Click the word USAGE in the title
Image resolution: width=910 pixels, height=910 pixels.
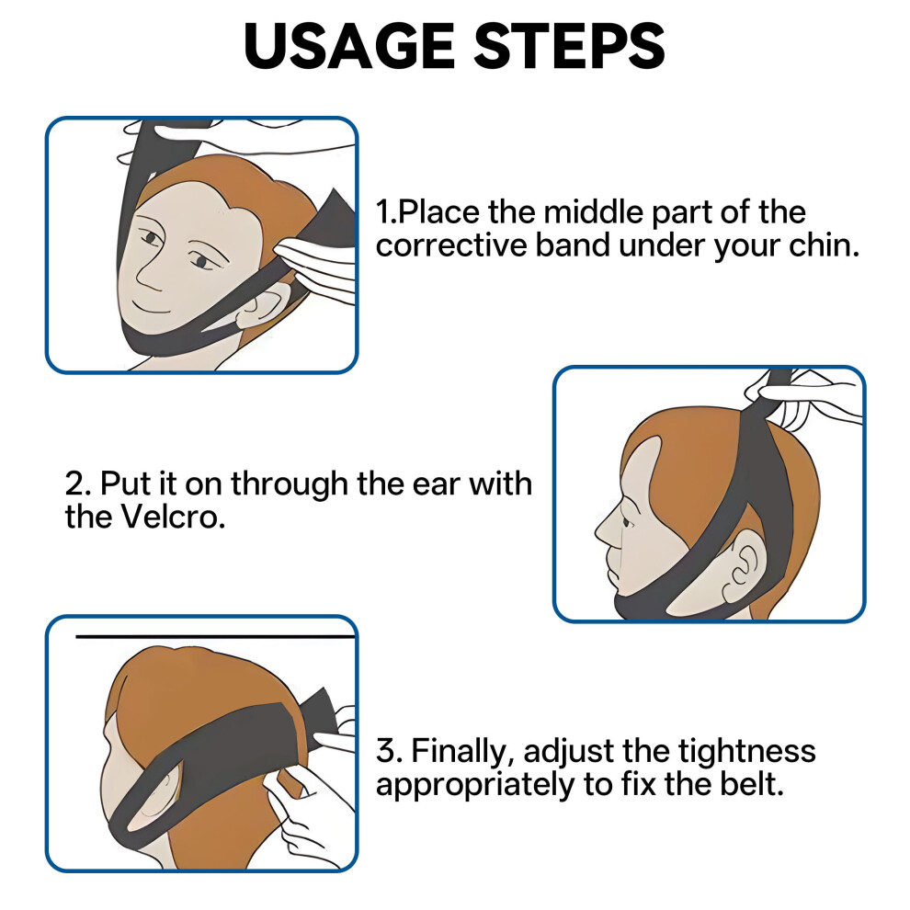click(349, 46)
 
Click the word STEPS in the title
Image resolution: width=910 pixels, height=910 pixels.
click(569, 46)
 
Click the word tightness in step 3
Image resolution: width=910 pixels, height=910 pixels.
click(747, 752)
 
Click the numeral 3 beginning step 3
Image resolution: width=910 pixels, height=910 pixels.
click(386, 751)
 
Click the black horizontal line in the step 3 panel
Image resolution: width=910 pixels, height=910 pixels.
click(215, 637)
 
